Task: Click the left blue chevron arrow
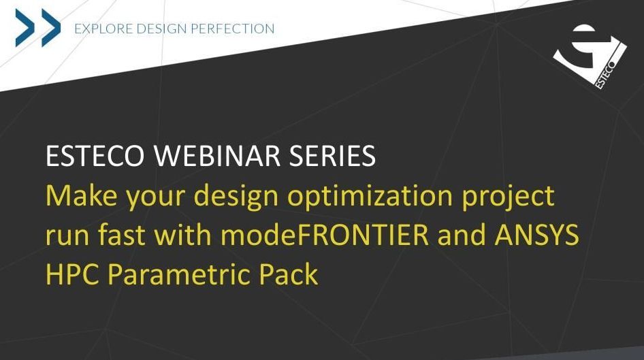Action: click(x=25, y=28)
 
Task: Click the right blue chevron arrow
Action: click(x=51, y=28)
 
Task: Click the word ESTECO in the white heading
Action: click(x=95, y=156)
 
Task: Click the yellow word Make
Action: click(x=81, y=195)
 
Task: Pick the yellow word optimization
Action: click(x=370, y=196)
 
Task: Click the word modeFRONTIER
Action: click(x=325, y=235)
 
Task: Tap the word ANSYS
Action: click(x=537, y=235)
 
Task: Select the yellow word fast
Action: click(x=121, y=235)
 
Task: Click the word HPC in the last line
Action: click(x=72, y=274)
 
